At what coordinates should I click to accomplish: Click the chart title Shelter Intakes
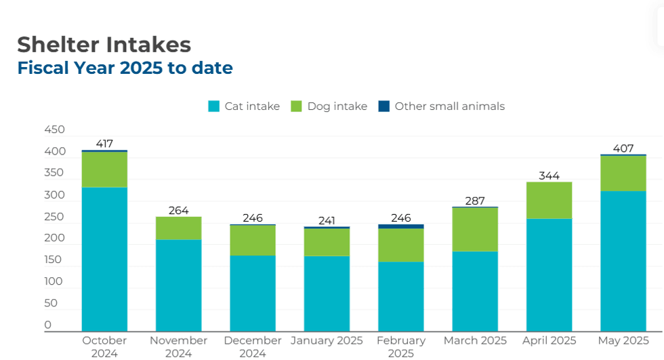tap(104, 45)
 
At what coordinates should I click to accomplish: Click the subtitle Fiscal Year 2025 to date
tap(125, 68)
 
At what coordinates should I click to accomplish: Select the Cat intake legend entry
tap(244, 106)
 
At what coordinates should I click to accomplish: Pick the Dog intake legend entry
tap(329, 106)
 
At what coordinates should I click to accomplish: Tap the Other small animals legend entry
tap(442, 106)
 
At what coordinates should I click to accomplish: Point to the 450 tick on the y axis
tap(54, 129)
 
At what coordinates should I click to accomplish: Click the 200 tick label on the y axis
tap(54, 238)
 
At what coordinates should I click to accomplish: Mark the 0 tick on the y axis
tap(48, 325)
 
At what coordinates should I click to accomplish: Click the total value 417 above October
tap(104, 144)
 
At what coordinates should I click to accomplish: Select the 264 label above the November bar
tap(178, 210)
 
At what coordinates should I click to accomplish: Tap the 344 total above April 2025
tap(549, 176)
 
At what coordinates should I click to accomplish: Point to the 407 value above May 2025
tap(623, 148)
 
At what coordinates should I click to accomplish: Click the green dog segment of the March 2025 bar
tap(475, 229)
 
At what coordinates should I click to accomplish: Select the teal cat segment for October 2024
tap(104, 259)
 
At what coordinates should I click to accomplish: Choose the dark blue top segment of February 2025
tap(401, 226)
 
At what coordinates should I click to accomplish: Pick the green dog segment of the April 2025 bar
tap(549, 200)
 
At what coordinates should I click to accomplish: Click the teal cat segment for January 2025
tap(327, 293)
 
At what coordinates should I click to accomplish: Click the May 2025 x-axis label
tap(623, 340)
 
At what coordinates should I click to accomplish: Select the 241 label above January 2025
tap(327, 221)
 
